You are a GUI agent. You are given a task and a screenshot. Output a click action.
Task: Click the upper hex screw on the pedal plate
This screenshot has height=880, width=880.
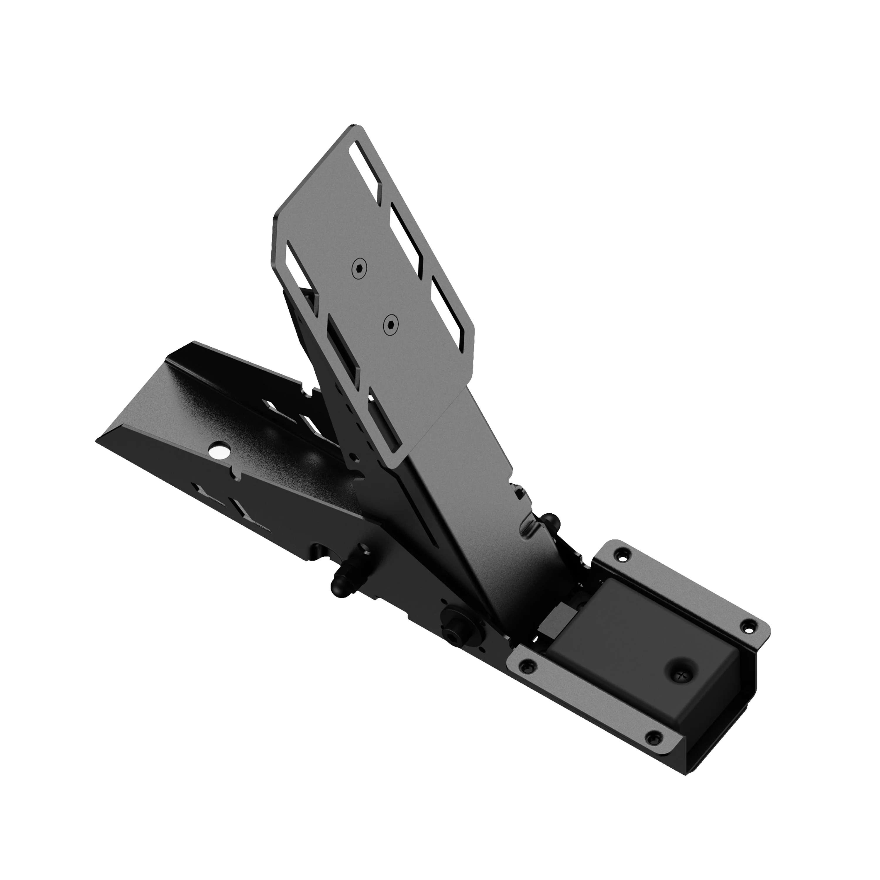pyautogui.click(x=359, y=268)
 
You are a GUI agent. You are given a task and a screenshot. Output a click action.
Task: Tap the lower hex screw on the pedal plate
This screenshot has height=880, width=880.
pyautogui.click(x=390, y=324)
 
